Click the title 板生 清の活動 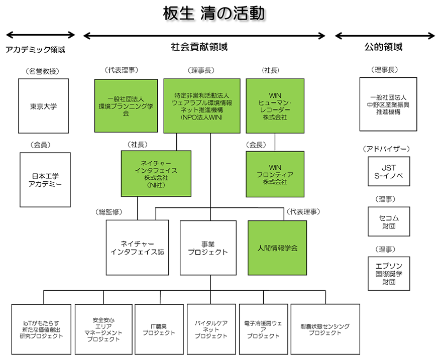(213, 14)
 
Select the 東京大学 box (43, 106)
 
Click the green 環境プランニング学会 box (126, 106)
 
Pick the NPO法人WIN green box (202, 106)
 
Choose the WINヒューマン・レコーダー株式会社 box (275, 106)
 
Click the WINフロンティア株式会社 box (275, 174)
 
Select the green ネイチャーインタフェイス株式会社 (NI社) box (156, 174)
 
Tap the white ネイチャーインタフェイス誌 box (137, 248)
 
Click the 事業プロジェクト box (208, 248)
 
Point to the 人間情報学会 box (277, 248)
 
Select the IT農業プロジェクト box (159, 329)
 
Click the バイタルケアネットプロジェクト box (211, 329)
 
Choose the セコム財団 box (388, 222)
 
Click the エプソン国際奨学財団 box (388, 274)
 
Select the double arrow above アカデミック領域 (40, 35)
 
